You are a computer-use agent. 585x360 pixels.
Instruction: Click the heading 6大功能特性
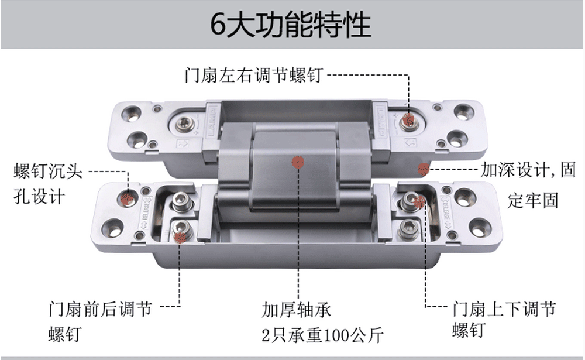(x=290, y=25)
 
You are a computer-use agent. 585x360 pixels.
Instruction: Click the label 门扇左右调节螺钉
(x=254, y=75)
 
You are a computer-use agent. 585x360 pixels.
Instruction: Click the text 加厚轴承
(x=296, y=310)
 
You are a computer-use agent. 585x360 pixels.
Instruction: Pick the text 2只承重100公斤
(x=323, y=335)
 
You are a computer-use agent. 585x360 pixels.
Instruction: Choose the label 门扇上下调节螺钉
(x=504, y=320)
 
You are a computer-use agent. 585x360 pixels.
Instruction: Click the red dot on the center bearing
(x=298, y=163)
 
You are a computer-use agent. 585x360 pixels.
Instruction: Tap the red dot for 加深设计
(x=424, y=170)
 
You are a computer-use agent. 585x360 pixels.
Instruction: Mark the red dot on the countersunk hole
(x=127, y=198)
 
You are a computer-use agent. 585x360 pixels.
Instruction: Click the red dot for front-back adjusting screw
(x=180, y=237)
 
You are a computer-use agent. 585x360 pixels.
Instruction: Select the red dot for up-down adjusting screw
(x=419, y=202)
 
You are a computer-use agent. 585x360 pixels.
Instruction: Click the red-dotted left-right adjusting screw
(x=408, y=121)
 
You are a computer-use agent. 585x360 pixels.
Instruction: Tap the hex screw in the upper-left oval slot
(x=185, y=124)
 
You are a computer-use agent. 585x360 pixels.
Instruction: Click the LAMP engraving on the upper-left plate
(x=212, y=121)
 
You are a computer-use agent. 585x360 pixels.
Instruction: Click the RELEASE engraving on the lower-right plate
(x=446, y=212)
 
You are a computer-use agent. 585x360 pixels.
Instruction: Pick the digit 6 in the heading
(x=218, y=25)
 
